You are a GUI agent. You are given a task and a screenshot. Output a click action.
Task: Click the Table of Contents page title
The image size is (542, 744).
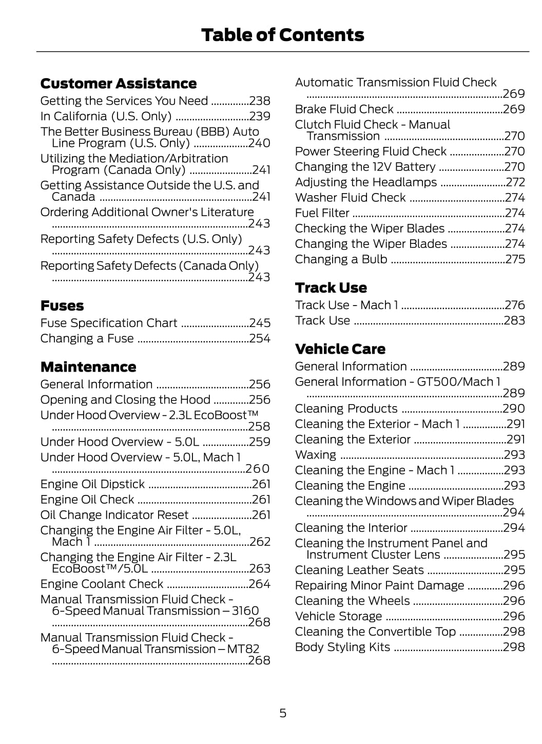282,35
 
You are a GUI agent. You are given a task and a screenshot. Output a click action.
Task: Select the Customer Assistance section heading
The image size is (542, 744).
118,84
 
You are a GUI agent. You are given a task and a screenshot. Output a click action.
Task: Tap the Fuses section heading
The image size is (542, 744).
62,306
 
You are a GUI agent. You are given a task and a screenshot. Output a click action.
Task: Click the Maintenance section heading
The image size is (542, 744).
88,367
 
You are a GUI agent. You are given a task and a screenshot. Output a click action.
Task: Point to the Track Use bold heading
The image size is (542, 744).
331,288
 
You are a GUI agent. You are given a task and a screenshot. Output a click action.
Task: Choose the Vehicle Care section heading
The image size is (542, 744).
340,349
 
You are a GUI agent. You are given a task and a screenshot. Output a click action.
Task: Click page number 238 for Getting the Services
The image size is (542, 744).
259,101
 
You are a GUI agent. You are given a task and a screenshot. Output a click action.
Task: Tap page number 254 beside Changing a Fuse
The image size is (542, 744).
259,339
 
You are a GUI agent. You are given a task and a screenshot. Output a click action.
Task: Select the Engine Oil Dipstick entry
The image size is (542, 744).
93,484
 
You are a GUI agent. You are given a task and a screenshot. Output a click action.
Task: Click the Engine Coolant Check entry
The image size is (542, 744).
102,584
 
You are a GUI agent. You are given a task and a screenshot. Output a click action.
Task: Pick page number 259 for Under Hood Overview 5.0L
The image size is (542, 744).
259,442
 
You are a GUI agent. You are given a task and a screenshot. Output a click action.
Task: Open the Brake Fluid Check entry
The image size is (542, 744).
344,109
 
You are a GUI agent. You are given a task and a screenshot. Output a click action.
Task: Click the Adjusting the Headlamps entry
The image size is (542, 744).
366,182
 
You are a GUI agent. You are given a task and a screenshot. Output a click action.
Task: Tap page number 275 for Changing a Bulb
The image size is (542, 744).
515,259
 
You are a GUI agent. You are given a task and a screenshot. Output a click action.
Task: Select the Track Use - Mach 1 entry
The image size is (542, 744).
346,305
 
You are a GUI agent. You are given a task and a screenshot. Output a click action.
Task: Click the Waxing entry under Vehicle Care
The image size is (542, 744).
316,455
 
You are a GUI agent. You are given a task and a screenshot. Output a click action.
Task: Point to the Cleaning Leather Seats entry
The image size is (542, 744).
359,570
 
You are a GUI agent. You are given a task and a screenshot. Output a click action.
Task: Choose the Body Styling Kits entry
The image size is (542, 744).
342,647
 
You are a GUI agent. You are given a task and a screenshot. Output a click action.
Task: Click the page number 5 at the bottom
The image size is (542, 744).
283,713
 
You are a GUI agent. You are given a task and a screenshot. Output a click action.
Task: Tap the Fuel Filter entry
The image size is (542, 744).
322,213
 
